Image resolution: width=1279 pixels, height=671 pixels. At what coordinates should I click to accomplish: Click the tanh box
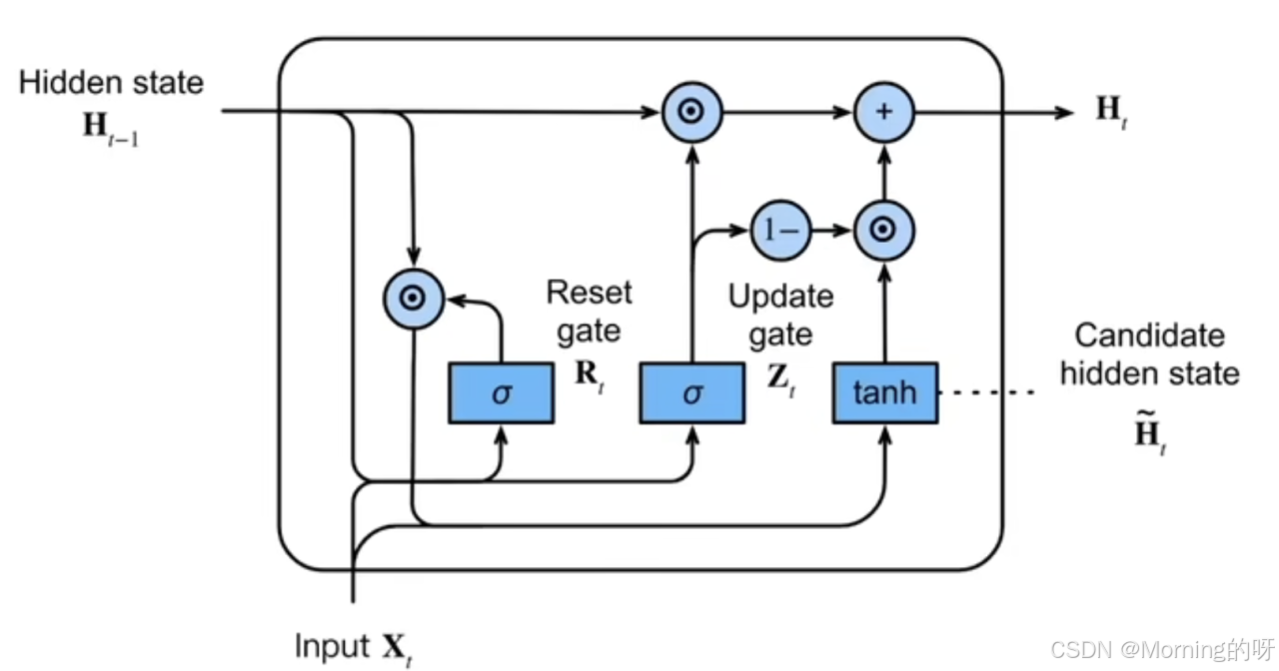885,392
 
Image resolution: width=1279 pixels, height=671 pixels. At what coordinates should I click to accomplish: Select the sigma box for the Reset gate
502,392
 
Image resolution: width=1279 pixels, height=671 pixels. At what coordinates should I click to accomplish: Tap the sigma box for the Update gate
692,392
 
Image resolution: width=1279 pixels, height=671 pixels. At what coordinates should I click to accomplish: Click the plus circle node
884,112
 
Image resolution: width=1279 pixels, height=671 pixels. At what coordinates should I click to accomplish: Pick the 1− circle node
780,231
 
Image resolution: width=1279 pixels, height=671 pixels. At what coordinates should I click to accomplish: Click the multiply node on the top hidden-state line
692,112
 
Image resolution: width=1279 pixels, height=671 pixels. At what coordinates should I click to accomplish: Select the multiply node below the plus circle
884,231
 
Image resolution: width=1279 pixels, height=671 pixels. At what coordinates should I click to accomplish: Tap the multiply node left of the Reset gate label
414,299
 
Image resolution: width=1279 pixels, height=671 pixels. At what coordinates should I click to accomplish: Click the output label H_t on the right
1111,111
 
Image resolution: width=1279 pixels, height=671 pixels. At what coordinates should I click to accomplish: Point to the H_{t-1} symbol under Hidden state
111,129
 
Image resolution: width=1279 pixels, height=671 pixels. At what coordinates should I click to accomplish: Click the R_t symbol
590,376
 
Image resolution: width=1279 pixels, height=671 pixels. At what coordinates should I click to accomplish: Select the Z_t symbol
781,379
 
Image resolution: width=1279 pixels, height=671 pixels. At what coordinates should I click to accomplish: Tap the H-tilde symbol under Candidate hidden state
1150,432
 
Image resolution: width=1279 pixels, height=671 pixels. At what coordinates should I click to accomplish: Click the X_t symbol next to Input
397,650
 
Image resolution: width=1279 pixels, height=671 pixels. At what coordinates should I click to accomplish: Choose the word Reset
590,293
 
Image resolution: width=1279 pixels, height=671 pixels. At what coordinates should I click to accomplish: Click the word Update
780,298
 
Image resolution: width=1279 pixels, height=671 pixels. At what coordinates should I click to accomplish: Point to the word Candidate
1150,335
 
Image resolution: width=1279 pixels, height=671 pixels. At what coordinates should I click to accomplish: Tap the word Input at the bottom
332,647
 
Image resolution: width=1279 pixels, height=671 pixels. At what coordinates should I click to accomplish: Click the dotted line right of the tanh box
986,392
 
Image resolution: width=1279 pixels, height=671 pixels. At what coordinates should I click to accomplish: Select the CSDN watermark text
1162,650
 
